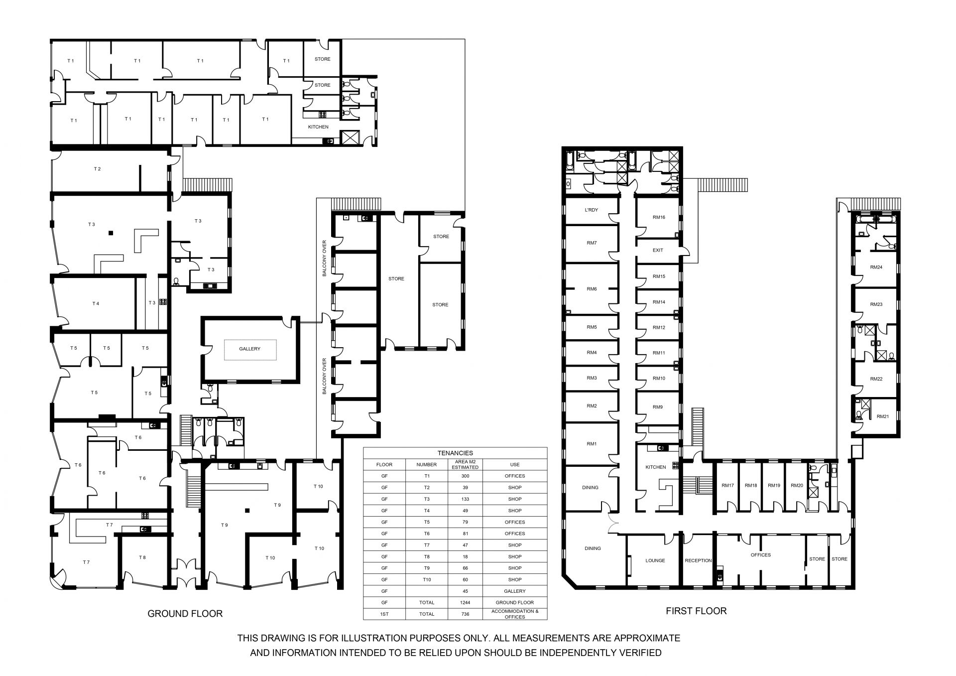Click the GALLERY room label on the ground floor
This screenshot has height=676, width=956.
tap(249, 349)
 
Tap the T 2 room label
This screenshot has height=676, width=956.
tap(98, 169)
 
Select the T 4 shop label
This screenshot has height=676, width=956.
tap(96, 303)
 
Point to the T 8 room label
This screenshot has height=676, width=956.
tap(142, 557)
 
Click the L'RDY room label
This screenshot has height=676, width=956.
tap(592, 210)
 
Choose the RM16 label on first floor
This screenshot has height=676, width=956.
tap(659, 217)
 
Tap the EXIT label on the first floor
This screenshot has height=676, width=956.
tap(658, 250)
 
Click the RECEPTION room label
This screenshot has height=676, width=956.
tap(698, 560)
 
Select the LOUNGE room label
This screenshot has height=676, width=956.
tap(655, 560)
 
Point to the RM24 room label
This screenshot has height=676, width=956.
tap(876, 267)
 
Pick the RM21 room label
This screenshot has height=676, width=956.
tap(883, 416)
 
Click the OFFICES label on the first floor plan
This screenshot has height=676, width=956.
tap(761, 555)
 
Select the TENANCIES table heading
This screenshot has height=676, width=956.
tap(455, 453)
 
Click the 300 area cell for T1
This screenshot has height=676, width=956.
tap(465, 476)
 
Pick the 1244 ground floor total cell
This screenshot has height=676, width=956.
tap(465, 603)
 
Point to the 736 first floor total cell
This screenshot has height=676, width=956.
tap(465, 614)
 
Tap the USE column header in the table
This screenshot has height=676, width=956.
tap(515, 465)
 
